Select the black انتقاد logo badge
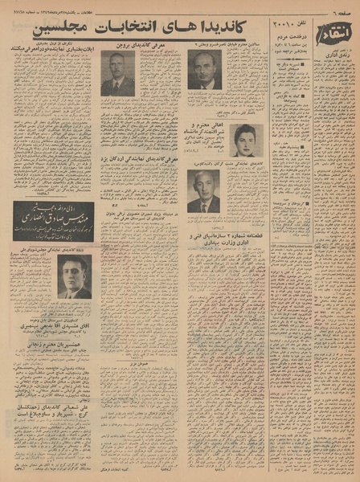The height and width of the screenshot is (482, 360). (337, 35)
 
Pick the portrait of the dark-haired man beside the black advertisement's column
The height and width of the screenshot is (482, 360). (74, 277)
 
